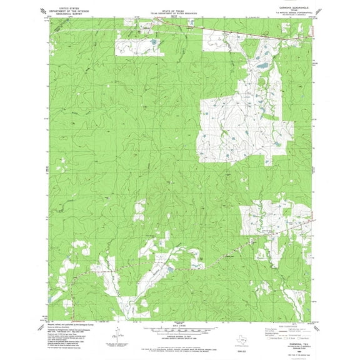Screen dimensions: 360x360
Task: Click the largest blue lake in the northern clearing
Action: [x=261, y=64]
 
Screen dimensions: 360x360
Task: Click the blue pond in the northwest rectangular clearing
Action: [x=152, y=42]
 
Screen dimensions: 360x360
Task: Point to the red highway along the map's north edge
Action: [x=250, y=31]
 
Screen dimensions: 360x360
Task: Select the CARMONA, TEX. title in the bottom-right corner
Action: [x=293, y=336]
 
